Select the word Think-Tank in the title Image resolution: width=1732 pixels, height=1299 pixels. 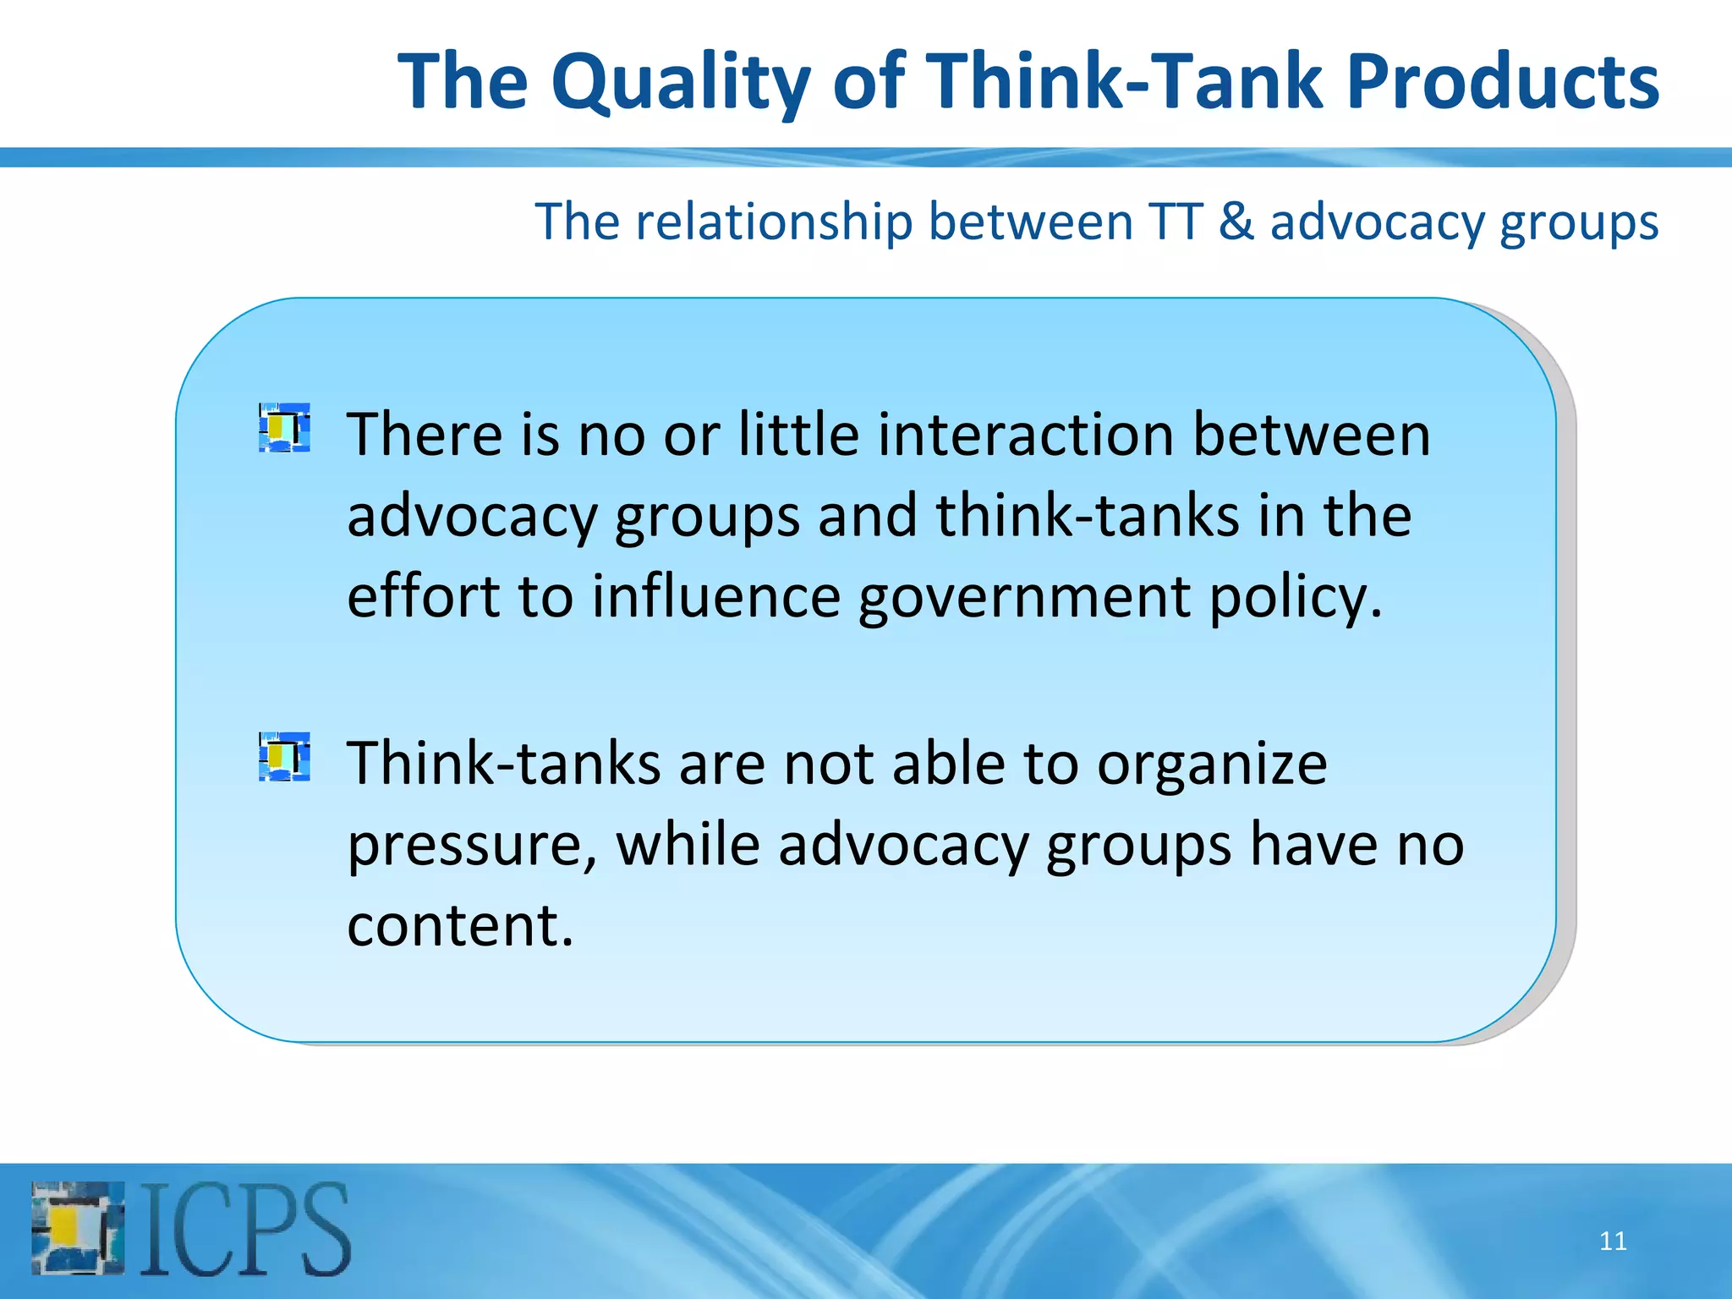(1126, 82)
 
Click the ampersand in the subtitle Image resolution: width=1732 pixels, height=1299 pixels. (1236, 222)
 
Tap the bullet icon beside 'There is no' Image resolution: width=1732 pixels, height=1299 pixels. (284, 428)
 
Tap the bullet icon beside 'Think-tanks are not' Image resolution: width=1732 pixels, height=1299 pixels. (284, 757)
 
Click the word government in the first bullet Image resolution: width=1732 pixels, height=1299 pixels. (1024, 597)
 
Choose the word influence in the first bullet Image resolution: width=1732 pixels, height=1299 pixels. (715, 597)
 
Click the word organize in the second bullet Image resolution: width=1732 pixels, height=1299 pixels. (1211, 764)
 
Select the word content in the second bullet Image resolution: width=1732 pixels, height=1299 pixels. (459, 925)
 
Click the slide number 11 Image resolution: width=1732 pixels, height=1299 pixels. (1613, 1241)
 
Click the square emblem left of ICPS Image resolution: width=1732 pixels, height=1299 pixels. (78, 1229)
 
